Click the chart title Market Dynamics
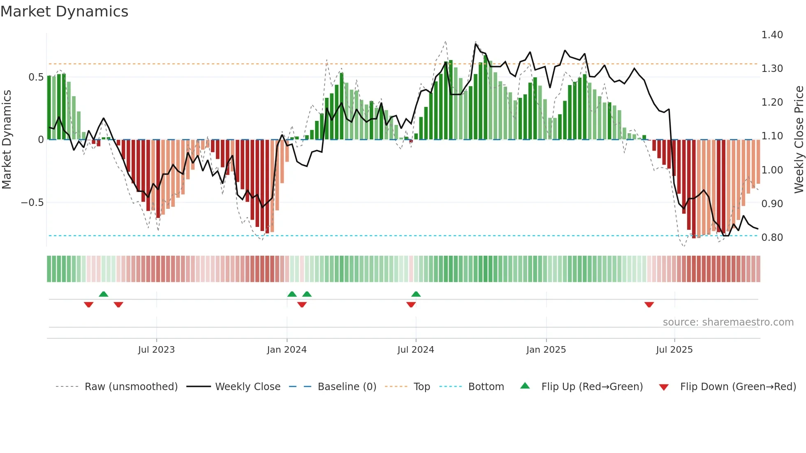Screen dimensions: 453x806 pyautogui.click(x=65, y=12)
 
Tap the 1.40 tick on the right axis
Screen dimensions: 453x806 pyautogui.click(x=772, y=35)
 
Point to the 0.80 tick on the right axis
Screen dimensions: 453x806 pyautogui.click(x=772, y=238)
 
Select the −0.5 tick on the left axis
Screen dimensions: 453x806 pyautogui.click(x=32, y=203)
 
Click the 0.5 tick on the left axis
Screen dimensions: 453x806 pyautogui.click(x=36, y=77)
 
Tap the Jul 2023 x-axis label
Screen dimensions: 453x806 pyautogui.click(x=156, y=350)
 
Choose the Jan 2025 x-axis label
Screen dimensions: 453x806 pyautogui.click(x=546, y=350)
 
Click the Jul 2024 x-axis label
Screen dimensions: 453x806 pyautogui.click(x=416, y=350)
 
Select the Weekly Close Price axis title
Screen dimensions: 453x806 pyautogui.click(x=799, y=140)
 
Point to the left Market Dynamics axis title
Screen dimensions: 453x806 pyautogui.click(x=7, y=140)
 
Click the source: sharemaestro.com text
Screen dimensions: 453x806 pyautogui.click(x=728, y=322)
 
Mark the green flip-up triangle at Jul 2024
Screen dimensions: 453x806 pyautogui.click(x=416, y=294)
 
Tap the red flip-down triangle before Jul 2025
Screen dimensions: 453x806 pyautogui.click(x=649, y=305)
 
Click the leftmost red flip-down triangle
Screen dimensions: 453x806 pyautogui.click(x=88, y=305)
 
